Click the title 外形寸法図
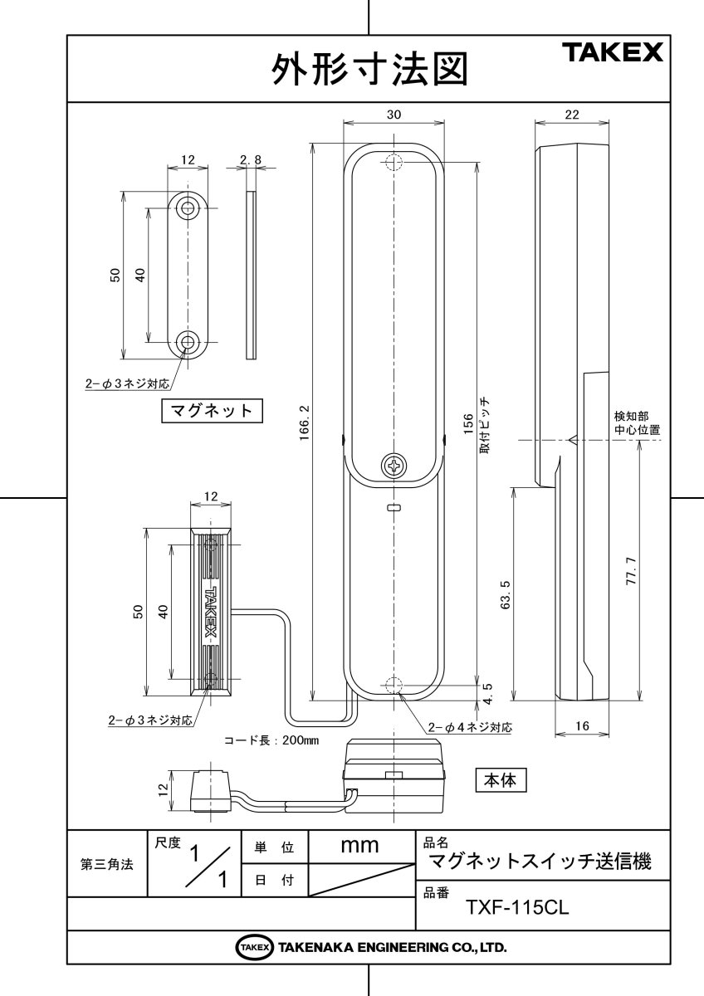coord(369,71)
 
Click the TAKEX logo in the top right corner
coord(614,53)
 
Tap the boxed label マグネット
coord(212,410)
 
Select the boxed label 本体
coord(501,780)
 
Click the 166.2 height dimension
coord(304,423)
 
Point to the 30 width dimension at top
coord(394,116)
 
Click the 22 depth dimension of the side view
coord(571,115)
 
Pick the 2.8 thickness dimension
coord(250,159)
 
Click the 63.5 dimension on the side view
coord(506,594)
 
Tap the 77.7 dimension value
coord(631,571)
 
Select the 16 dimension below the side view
coord(581,726)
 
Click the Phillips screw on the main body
coord(394,466)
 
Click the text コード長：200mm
coord(272,740)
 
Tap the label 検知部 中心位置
coord(637,422)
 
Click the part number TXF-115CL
coord(516,907)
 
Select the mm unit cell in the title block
coord(360,846)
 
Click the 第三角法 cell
coord(106,863)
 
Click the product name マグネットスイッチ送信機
coord(538,862)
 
